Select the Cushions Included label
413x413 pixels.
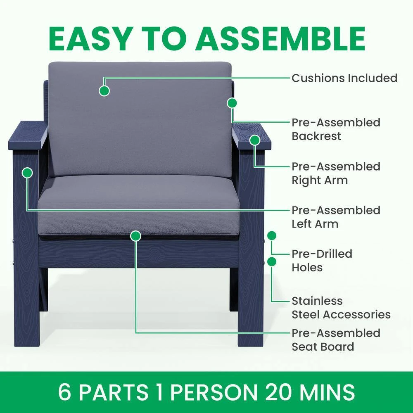(x=344, y=78)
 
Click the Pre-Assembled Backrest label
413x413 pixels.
(x=336, y=129)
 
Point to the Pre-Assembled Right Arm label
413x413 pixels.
(x=336, y=173)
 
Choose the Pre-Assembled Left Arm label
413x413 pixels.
(x=336, y=217)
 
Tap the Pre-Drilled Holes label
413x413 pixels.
(x=322, y=261)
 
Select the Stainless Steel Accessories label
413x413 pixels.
(x=341, y=308)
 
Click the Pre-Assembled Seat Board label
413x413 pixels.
(x=336, y=340)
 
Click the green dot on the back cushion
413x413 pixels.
(x=104, y=90)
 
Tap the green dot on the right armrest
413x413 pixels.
(x=255, y=140)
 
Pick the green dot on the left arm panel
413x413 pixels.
(x=27, y=173)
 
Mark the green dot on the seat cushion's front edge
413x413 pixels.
(x=135, y=236)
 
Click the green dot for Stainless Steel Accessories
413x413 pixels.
(x=272, y=261)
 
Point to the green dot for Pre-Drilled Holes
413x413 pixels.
(x=272, y=235)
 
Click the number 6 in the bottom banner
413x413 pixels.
(x=64, y=392)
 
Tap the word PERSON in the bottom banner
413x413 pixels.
(x=214, y=392)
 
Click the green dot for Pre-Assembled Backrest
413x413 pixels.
(x=232, y=103)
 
